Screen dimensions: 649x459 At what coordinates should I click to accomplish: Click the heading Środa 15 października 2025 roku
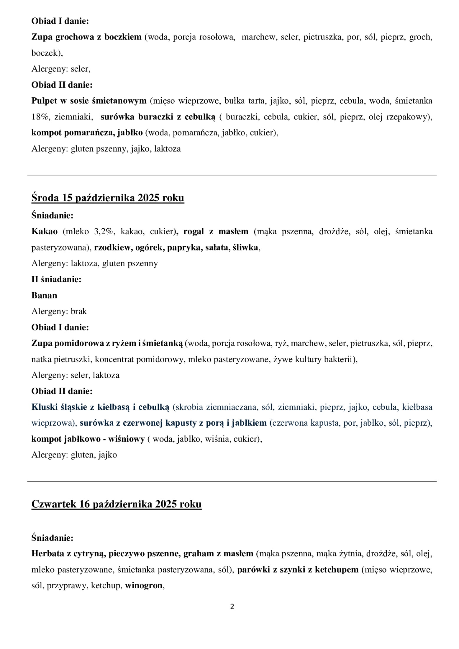(x=108, y=198)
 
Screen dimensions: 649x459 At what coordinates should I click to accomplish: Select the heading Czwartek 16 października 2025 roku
(x=117, y=504)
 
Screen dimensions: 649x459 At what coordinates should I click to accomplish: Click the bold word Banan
(x=44, y=295)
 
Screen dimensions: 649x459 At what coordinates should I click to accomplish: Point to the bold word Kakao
(x=45, y=231)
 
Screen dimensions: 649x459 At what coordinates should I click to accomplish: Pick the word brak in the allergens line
(x=79, y=311)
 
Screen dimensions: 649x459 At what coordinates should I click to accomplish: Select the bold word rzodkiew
(x=112, y=247)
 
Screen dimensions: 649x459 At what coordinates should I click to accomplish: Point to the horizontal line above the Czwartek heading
(x=232, y=481)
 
